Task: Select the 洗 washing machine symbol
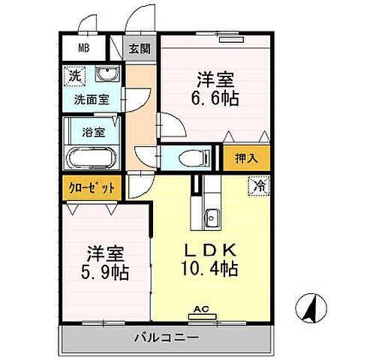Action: tap(74, 76)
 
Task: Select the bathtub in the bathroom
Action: tap(91, 158)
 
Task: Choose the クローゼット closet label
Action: tap(89, 187)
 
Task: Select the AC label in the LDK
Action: tap(200, 308)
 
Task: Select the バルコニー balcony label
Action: tap(167, 337)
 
